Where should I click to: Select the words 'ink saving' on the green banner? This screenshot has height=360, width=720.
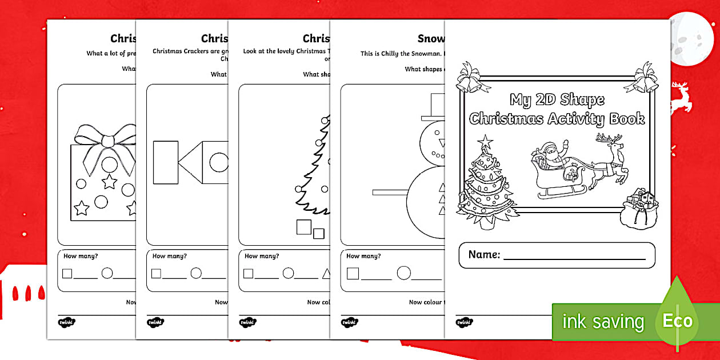click(603, 322)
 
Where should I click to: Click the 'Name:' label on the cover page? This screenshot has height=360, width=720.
click(484, 255)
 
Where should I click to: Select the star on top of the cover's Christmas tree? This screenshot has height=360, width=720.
click(485, 141)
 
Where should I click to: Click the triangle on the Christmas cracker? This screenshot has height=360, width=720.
click(190, 163)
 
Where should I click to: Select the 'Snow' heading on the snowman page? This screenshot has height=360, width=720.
click(430, 39)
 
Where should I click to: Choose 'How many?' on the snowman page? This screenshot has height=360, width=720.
click(363, 256)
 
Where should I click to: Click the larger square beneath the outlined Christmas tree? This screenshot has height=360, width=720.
click(304, 227)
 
